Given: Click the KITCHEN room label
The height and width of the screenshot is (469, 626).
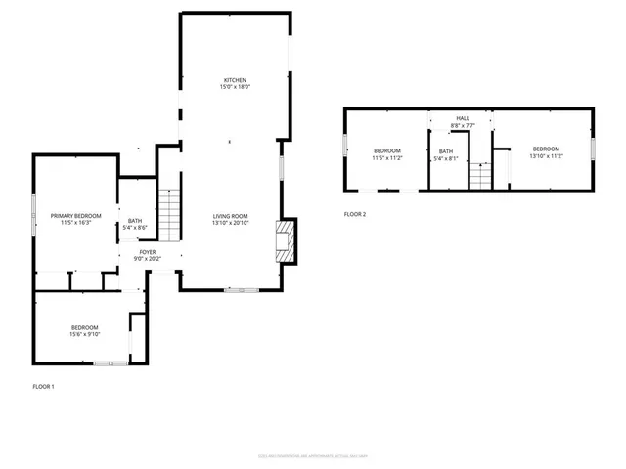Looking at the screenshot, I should [234, 80].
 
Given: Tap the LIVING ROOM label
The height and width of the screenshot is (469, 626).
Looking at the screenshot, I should [232, 216].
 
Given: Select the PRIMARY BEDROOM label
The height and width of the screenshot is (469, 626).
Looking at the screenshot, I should [76, 215].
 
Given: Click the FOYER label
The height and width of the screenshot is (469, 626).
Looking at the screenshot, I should [148, 251].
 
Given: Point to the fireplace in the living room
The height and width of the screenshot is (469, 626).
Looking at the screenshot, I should [285, 240].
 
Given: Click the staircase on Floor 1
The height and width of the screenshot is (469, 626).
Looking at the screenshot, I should [170, 215].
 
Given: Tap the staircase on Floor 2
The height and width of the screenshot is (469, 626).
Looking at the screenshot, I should [478, 177].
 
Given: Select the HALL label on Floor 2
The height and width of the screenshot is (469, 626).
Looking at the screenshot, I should [462, 118].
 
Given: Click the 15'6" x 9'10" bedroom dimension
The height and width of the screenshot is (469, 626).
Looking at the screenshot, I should [84, 334].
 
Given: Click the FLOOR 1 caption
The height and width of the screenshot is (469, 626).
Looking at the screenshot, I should [44, 387].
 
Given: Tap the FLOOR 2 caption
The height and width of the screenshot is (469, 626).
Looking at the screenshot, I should [354, 213].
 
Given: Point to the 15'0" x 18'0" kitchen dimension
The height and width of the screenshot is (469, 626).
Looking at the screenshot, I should [235, 87].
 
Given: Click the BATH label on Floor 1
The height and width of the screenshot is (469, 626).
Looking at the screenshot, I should [135, 220].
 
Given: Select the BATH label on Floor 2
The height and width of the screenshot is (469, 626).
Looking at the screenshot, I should [446, 150].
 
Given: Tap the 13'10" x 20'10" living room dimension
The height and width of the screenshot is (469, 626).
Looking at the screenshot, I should [232, 223].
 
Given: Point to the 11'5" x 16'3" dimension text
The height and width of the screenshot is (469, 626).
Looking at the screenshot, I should [76, 222].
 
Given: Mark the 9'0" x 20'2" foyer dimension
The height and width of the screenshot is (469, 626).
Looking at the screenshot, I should [148, 258].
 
